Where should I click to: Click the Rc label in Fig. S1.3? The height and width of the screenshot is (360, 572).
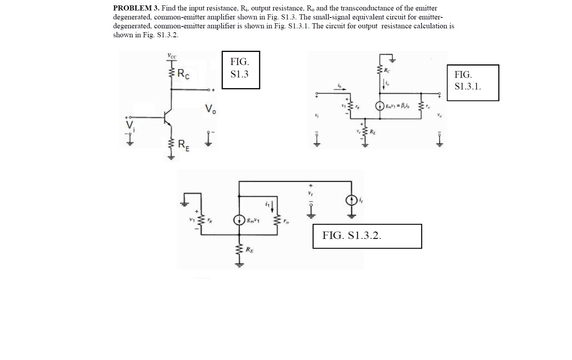point(184,74)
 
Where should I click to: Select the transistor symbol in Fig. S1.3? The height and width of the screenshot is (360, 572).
point(168,117)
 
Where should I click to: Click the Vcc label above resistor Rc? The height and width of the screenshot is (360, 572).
point(172,56)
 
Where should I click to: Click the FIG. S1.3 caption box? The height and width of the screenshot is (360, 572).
point(241,70)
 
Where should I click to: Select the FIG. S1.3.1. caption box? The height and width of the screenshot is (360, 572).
point(473,83)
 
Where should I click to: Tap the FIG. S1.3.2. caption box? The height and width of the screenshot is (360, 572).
point(367,236)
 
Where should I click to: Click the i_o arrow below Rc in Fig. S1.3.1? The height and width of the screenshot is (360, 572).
point(385,84)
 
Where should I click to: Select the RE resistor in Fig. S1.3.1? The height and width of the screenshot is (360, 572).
point(364,133)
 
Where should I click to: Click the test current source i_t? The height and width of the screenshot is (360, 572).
point(352,200)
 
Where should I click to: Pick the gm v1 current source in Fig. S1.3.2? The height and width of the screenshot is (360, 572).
point(239,220)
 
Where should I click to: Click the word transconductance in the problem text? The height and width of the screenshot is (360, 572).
point(365,8)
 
